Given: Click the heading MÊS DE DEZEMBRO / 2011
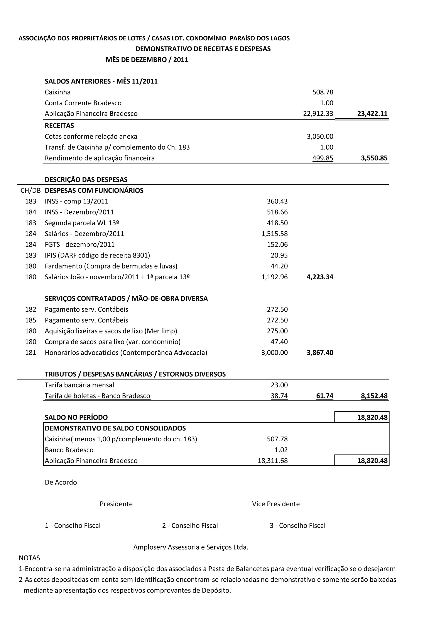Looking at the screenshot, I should pos(147,60).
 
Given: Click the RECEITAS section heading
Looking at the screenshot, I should pos(59,126).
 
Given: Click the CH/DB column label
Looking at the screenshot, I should pos(30,190).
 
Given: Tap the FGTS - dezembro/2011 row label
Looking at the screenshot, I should pos(80,244).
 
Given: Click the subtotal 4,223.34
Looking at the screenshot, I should pos(320,277).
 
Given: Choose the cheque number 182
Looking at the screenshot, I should pos(30,309).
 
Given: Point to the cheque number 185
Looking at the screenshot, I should pos(30,320).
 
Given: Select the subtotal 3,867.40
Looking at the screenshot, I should pos(320,353).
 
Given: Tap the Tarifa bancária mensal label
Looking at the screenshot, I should pos(79,385).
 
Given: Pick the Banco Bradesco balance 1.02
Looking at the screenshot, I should pos(281,450).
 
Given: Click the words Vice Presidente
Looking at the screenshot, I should pos(276,504).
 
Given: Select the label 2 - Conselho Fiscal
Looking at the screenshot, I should pos(190,526).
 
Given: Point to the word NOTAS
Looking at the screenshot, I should pos(29,558).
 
